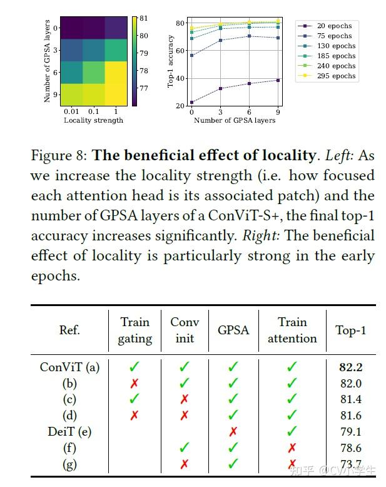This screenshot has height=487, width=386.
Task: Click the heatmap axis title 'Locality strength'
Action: pyautogui.click(x=93, y=120)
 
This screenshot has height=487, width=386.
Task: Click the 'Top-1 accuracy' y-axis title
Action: pyautogui.click(x=170, y=61)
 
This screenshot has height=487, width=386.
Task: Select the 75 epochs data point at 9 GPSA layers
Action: pyautogui.click(x=278, y=38)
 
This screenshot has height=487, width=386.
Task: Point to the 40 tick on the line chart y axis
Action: pyautogui.click(x=180, y=78)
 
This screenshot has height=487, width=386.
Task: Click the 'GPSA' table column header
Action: pyautogui.click(x=233, y=330)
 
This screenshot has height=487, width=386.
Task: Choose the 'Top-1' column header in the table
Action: pyautogui.click(x=350, y=330)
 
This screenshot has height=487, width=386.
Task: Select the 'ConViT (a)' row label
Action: pyautogui.click(x=69, y=367)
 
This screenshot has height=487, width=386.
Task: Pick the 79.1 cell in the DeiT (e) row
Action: pyautogui.click(x=350, y=432)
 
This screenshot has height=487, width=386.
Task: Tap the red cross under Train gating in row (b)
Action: pyautogui.click(x=135, y=384)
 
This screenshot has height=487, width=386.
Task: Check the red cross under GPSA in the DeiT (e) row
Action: pyautogui.click(x=233, y=432)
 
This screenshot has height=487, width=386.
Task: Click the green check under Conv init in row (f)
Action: pyautogui.click(x=185, y=448)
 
